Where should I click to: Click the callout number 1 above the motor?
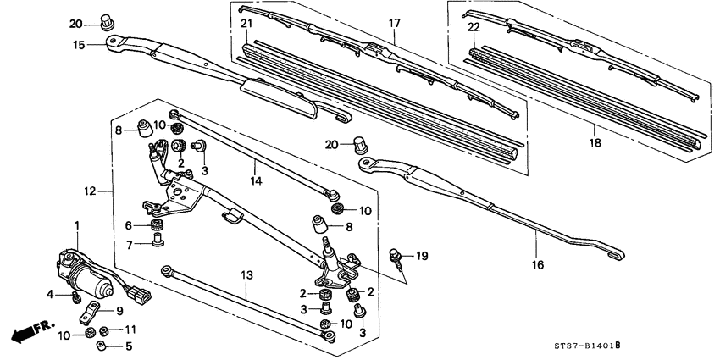(76, 224)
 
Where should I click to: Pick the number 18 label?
(595, 144)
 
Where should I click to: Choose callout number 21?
(246, 23)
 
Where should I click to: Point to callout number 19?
(423, 255)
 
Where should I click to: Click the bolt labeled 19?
(396, 255)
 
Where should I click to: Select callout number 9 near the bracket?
(119, 310)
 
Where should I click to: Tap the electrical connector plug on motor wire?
(146, 299)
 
